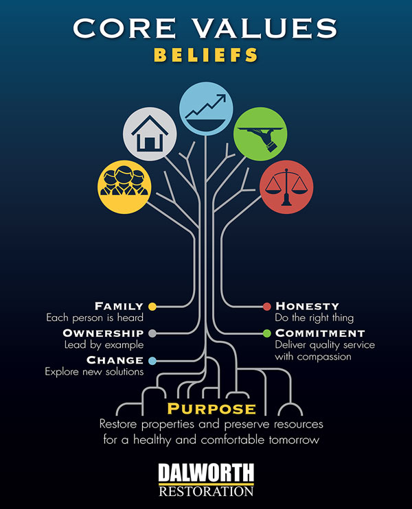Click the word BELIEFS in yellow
pyautogui.click(x=205, y=54)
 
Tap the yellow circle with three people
pyautogui.click(x=125, y=186)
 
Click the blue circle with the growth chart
pyautogui.click(x=205, y=106)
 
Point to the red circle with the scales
pyautogui.click(x=285, y=185)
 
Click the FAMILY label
pyautogui.click(x=119, y=306)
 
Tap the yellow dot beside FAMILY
pyautogui.click(x=152, y=306)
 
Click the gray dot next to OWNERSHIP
pyautogui.click(x=152, y=333)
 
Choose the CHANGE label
pyautogui.click(x=115, y=360)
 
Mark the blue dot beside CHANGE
pyautogui.click(x=152, y=360)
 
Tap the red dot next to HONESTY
pyautogui.click(x=268, y=306)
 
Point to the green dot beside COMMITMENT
pyautogui.click(x=268, y=333)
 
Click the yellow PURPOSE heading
pyautogui.click(x=205, y=409)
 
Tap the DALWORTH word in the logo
pyautogui.click(x=205, y=473)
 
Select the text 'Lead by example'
pyautogui.click(x=104, y=345)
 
